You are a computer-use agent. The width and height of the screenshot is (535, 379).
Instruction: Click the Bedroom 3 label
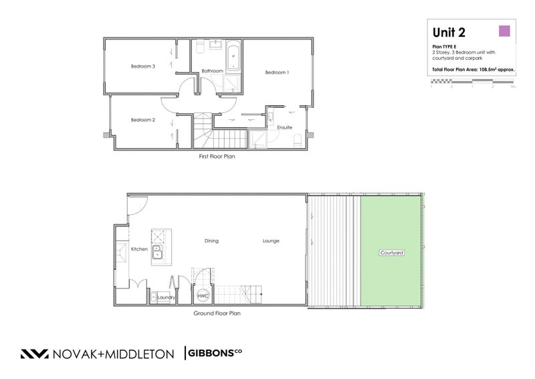pyautogui.click(x=143, y=66)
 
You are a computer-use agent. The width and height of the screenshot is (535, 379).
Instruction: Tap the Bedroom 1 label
pyautogui.click(x=277, y=72)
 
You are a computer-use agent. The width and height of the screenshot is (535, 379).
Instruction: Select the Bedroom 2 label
pyautogui.click(x=143, y=120)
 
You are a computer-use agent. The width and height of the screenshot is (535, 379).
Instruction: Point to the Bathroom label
pyautogui.click(x=212, y=70)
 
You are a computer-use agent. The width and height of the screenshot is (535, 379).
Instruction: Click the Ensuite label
pyautogui.click(x=285, y=127)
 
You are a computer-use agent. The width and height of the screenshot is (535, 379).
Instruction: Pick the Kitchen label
pyautogui.click(x=139, y=249)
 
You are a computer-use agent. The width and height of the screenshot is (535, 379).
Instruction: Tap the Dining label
pyautogui.click(x=212, y=241)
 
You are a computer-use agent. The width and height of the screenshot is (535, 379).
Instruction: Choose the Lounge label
pyautogui.click(x=271, y=241)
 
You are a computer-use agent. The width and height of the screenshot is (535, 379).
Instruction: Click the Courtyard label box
pyautogui.click(x=391, y=252)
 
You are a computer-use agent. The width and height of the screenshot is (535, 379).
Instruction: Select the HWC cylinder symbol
pyautogui.click(x=202, y=296)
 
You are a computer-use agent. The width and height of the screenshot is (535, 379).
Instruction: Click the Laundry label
pyautogui.click(x=166, y=297)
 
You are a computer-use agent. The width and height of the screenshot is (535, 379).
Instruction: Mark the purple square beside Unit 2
pyautogui.click(x=505, y=30)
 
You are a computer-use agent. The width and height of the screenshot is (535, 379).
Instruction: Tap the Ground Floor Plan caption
pyautogui.click(x=217, y=313)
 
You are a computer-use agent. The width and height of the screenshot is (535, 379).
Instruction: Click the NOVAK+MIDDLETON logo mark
pyautogui.click(x=33, y=354)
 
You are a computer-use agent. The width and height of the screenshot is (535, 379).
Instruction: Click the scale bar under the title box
pyautogui.click(x=472, y=81)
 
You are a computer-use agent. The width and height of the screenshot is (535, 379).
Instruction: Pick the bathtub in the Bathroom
pyautogui.click(x=233, y=58)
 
